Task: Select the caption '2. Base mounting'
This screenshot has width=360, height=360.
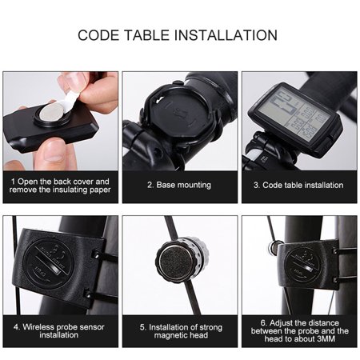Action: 180,185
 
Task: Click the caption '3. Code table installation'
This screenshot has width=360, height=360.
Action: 299,185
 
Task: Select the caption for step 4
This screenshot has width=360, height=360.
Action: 60,330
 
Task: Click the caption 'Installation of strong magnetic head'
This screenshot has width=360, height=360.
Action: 180,330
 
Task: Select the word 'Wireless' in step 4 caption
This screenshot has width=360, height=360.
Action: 42,325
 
